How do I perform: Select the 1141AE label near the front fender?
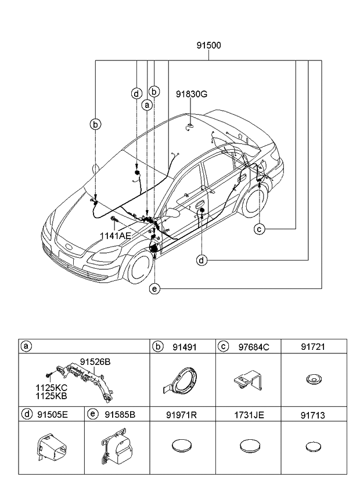pyautogui.click(x=115, y=236)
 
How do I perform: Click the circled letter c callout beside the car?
pyautogui.click(x=260, y=229)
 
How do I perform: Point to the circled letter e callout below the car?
pyautogui.click(x=154, y=288)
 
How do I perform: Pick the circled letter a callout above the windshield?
pyautogui.click(x=147, y=105)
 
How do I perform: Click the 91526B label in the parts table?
pyautogui.click(x=95, y=361)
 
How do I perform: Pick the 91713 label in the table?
pyautogui.click(x=314, y=414)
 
